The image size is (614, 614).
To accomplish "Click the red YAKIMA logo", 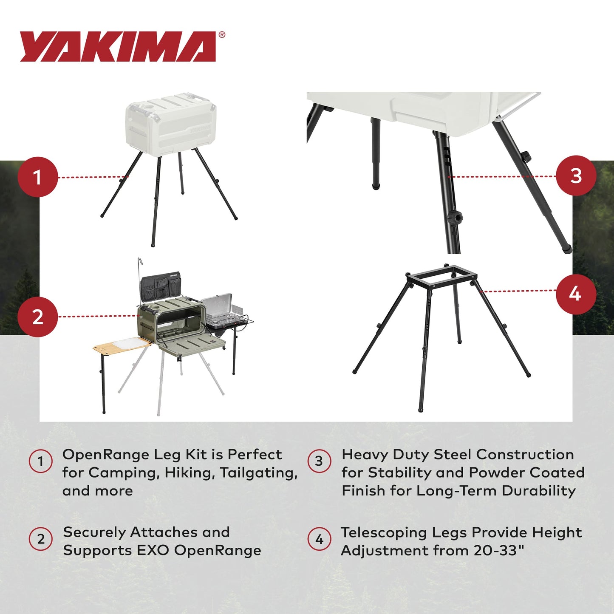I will pyautogui.click(x=118, y=47).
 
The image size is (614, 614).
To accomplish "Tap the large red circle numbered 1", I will pyautogui.click(x=38, y=177).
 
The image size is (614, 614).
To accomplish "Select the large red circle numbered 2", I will pyautogui.click(x=38, y=317).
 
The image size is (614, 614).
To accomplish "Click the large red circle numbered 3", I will pyautogui.click(x=576, y=176).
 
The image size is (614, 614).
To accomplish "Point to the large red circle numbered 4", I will pyautogui.click(x=576, y=294).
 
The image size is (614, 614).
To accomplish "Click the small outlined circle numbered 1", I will pyautogui.click(x=40, y=461).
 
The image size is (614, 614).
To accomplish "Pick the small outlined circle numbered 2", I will pyautogui.click(x=40, y=539).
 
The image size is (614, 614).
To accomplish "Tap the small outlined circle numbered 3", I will pyautogui.click(x=319, y=461).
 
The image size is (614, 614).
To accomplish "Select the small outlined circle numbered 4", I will pyautogui.click(x=319, y=540).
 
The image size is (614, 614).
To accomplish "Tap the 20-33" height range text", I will pyautogui.click(x=499, y=550).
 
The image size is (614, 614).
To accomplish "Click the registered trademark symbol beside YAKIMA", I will pyautogui.click(x=221, y=35).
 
